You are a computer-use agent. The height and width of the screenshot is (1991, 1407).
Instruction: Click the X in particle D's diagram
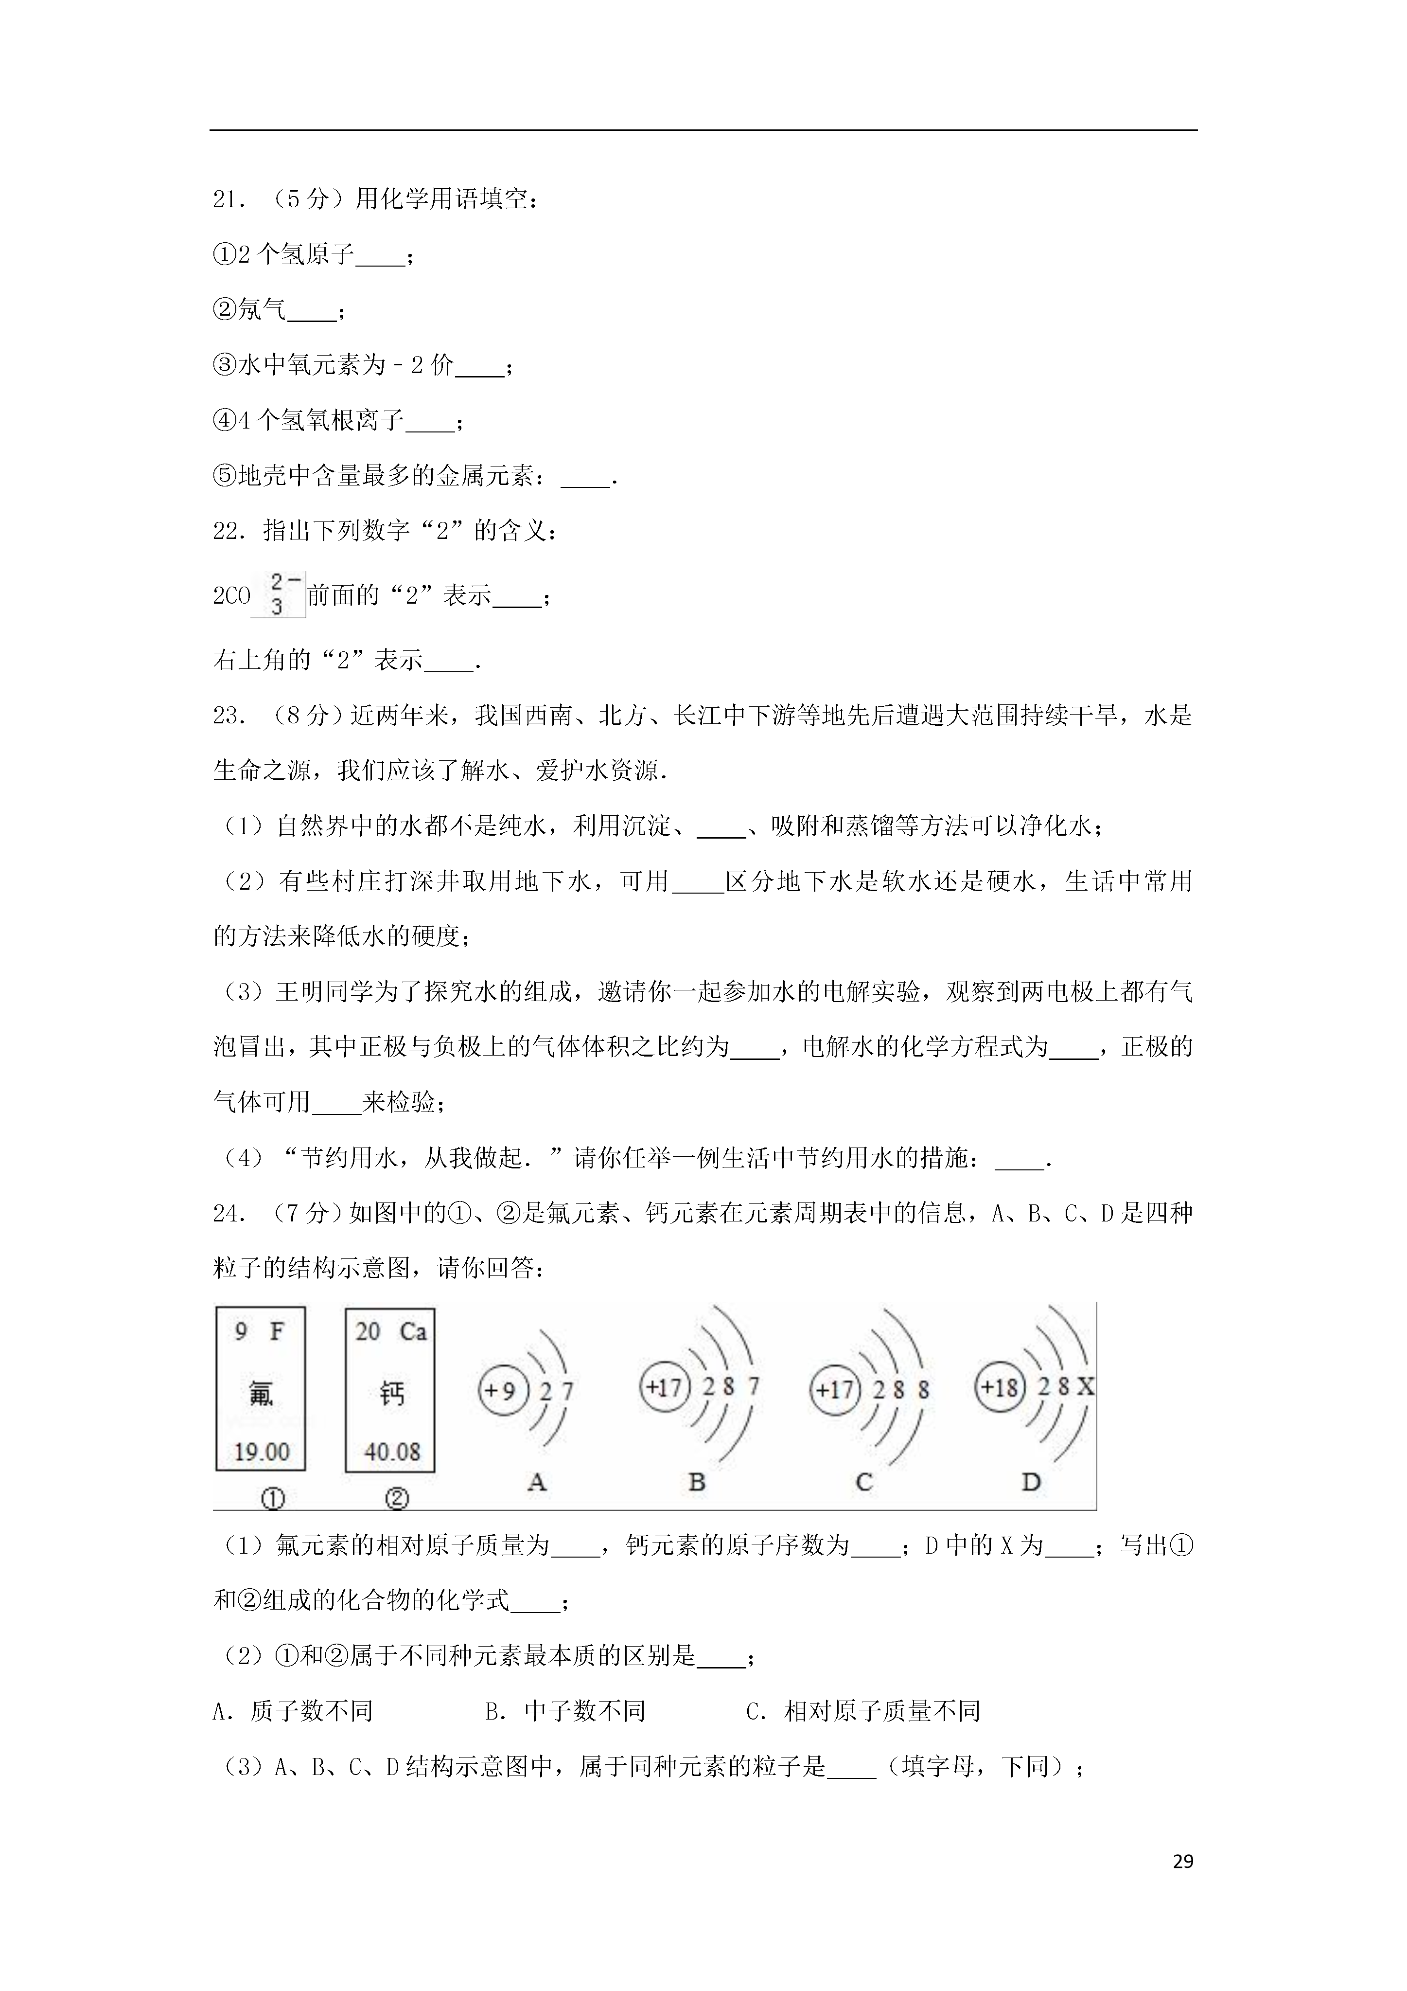pos(1085,1386)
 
